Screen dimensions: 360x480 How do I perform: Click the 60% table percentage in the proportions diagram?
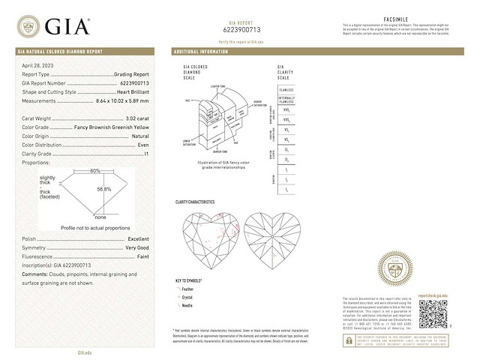coord(95,171)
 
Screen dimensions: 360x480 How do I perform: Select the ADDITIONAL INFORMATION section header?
coord(201,52)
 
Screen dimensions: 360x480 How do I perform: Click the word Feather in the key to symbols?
coord(188,288)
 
